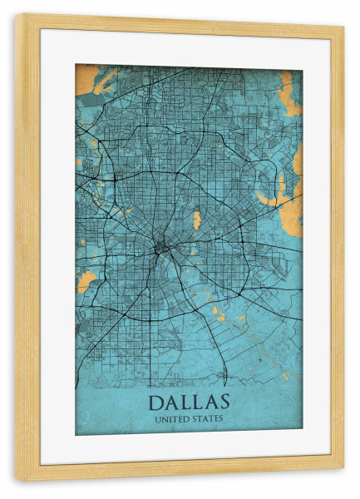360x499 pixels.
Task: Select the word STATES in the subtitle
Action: pos(207,418)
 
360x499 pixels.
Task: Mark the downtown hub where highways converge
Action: pos(159,246)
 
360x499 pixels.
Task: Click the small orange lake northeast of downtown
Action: pos(197,220)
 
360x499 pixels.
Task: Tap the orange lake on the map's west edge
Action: pos(86,282)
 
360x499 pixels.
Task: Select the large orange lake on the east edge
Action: pos(281,193)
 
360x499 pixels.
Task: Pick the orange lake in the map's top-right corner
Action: pos(288,93)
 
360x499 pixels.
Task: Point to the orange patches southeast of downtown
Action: pos(218,311)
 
